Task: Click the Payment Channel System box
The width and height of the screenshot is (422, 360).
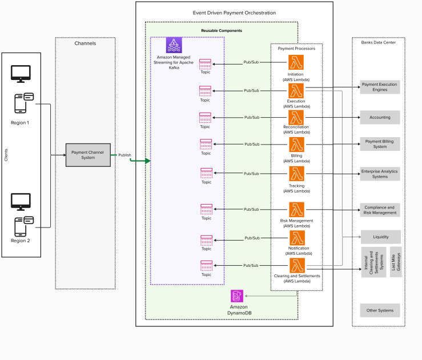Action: tap(88, 155)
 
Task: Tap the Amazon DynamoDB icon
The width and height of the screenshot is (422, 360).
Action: tap(238, 296)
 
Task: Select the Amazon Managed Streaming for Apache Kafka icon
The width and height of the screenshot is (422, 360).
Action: tap(174, 45)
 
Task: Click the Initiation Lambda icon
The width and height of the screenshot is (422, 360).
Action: tap(296, 62)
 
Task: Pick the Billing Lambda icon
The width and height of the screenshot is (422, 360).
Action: tap(296, 145)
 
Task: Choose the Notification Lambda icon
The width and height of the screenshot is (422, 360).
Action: tap(296, 238)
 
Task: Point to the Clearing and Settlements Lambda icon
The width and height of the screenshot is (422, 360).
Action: tap(296, 266)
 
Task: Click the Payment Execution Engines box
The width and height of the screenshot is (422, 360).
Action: tap(380, 87)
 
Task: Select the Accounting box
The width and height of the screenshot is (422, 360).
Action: tap(380, 117)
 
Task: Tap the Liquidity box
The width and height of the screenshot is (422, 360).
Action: tap(380, 237)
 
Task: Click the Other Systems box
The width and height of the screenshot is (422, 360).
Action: tap(380, 311)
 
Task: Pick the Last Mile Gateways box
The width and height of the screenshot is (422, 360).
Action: tap(396, 262)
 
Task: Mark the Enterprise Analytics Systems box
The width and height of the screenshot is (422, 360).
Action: tap(380, 174)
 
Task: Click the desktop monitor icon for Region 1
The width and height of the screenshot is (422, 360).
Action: tap(21, 73)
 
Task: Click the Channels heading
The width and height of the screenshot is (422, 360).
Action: tap(85, 43)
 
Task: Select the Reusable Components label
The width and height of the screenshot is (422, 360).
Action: tap(221, 30)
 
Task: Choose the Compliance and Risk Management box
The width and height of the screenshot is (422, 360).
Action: tap(380, 210)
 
